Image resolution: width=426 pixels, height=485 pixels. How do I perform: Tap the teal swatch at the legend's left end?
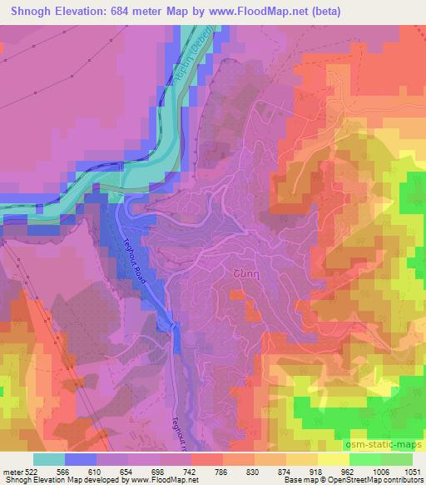[x=49, y=460]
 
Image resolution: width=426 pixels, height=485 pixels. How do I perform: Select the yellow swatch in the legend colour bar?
[x=334, y=460]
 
